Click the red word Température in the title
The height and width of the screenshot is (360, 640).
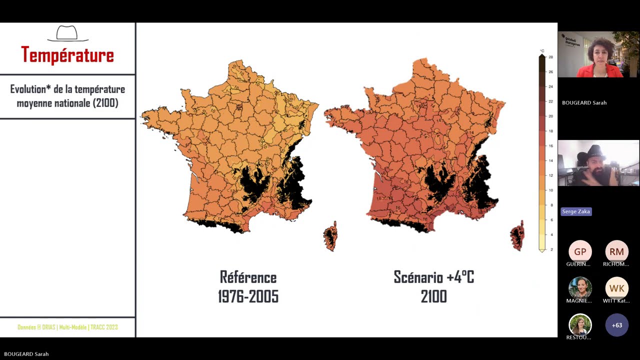pos(67,55)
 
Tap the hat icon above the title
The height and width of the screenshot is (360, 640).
pos(67,33)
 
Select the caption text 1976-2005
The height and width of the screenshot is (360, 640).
pos(248,296)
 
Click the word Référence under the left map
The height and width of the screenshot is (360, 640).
pos(248,277)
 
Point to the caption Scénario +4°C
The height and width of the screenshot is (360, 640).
pos(433,277)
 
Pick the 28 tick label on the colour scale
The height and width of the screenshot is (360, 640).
pos(550,57)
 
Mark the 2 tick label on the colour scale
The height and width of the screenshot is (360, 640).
pos(551,249)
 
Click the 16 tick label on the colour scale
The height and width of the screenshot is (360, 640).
pos(550,146)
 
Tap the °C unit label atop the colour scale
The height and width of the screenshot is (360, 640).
pos(542,51)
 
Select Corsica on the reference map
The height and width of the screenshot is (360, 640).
pos(330,237)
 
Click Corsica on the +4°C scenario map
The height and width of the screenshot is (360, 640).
pos(517,236)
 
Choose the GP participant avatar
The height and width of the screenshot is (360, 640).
pos(580,251)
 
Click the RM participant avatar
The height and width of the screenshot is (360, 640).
pos(616,251)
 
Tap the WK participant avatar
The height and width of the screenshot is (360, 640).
pos(616,288)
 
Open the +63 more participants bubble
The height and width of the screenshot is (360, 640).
pos(616,325)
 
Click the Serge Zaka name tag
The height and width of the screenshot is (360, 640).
pos(576,211)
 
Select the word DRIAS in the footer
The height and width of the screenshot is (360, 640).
pos(48,327)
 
